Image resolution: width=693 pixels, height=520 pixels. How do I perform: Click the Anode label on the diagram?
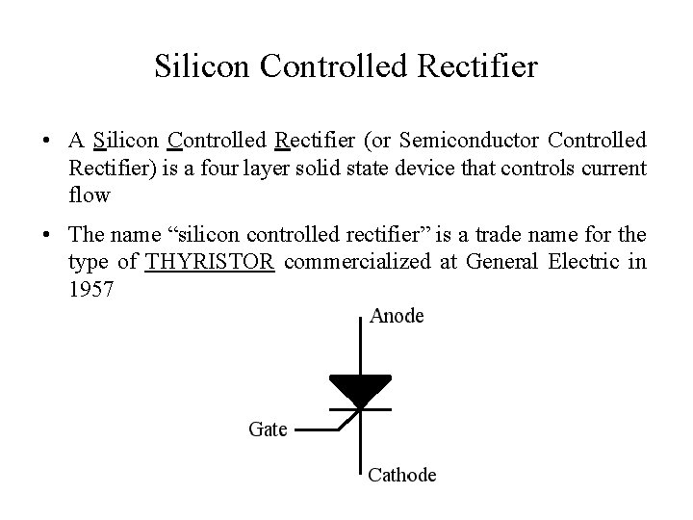(397, 316)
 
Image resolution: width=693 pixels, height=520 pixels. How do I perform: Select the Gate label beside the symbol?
(268, 429)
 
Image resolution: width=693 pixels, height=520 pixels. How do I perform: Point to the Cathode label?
(402, 475)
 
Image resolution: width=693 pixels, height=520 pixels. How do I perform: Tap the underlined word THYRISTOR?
(211, 262)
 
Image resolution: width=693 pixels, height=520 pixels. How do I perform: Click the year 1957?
(92, 288)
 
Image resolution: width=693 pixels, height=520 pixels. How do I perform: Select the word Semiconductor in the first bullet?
(461, 142)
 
